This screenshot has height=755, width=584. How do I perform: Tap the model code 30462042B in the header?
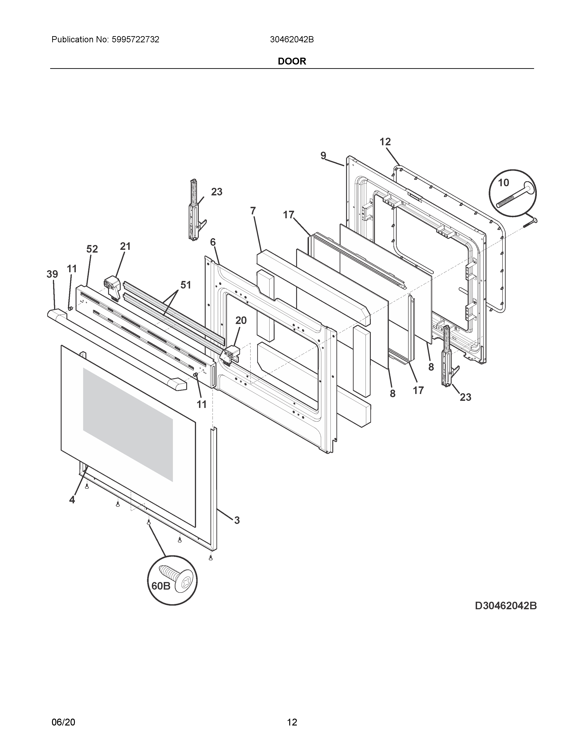[292, 40]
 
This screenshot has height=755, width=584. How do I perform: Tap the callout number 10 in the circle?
[503, 183]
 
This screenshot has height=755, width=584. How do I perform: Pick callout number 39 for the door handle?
[52, 274]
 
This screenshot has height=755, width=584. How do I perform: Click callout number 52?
[92, 249]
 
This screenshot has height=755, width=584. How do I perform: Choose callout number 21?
[125, 246]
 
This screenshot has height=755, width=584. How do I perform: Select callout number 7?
[253, 210]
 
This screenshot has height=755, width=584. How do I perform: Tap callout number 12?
[385, 142]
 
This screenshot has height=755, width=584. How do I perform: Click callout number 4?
[72, 499]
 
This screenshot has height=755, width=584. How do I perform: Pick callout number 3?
[237, 530]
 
